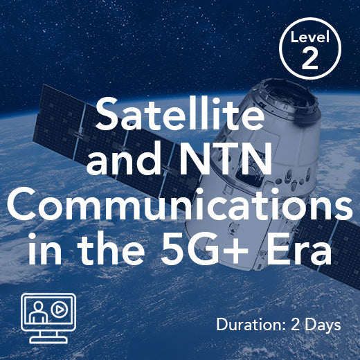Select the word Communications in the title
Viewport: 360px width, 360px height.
(x=180, y=208)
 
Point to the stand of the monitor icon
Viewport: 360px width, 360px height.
(x=48, y=336)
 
